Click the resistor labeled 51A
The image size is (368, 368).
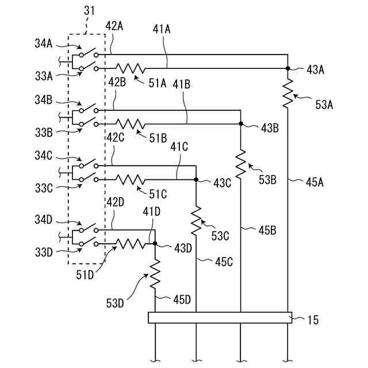point(131,68)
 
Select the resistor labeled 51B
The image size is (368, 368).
point(131,123)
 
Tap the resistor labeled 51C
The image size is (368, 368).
point(131,179)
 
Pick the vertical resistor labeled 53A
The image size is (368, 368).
point(286,93)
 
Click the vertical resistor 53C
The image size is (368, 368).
point(197,220)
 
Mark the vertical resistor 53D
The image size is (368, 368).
point(155,275)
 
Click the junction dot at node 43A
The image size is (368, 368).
point(286,68)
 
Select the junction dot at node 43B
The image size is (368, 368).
point(241,124)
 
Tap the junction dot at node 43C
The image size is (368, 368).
point(197,179)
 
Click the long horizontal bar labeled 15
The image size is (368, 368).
point(220,317)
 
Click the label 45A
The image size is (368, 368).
point(314,183)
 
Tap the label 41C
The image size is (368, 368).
point(179,147)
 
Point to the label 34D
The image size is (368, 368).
point(43,219)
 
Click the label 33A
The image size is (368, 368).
point(43,75)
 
